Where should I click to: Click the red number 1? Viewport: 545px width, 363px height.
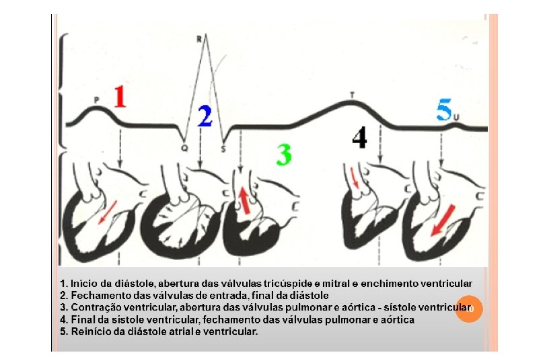(x=119, y=96)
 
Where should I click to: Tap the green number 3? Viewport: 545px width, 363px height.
(x=284, y=155)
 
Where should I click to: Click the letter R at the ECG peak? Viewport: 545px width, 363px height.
(x=199, y=39)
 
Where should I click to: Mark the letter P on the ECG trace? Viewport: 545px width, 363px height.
(x=96, y=99)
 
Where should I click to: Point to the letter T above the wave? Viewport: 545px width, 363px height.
(x=352, y=94)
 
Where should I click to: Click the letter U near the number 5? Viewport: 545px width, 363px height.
(x=456, y=118)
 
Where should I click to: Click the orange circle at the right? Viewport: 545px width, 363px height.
(x=469, y=308)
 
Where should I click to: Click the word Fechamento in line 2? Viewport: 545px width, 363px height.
(x=96, y=295)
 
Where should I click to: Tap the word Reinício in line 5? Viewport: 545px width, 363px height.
(x=88, y=331)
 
